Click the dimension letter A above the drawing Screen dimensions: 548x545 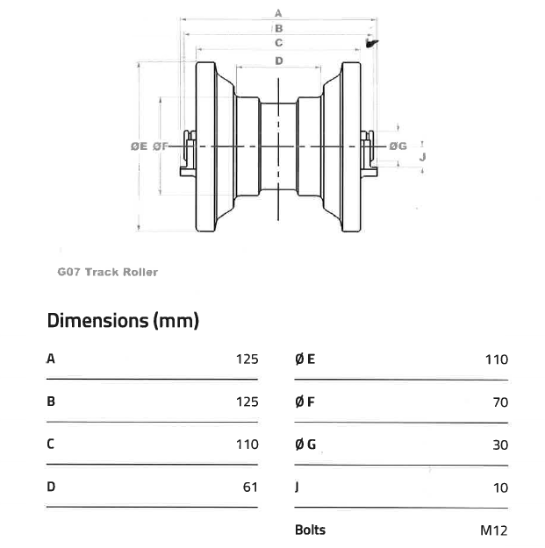(x=278, y=13)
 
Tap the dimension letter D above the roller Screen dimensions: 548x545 (x=278, y=60)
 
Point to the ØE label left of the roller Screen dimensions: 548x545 (x=139, y=146)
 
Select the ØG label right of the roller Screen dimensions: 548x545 (x=398, y=146)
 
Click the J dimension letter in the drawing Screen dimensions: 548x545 (x=423, y=157)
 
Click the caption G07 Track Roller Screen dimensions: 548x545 (x=108, y=273)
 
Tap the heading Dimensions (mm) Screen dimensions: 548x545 (x=123, y=320)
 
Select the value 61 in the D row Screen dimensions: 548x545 (x=249, y=487)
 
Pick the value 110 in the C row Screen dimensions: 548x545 (x=247, y=445)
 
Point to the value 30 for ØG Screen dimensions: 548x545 (x=500, y=445)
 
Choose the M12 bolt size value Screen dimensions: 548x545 (x=494, y=530)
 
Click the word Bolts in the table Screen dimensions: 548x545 (x=310, y=530)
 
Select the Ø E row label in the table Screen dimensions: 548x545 (x=305, y=359)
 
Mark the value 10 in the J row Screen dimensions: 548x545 (x=500, y=487)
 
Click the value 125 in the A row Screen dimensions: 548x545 (x=247, y=359)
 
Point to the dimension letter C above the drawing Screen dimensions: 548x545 (x=278, y=42)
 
